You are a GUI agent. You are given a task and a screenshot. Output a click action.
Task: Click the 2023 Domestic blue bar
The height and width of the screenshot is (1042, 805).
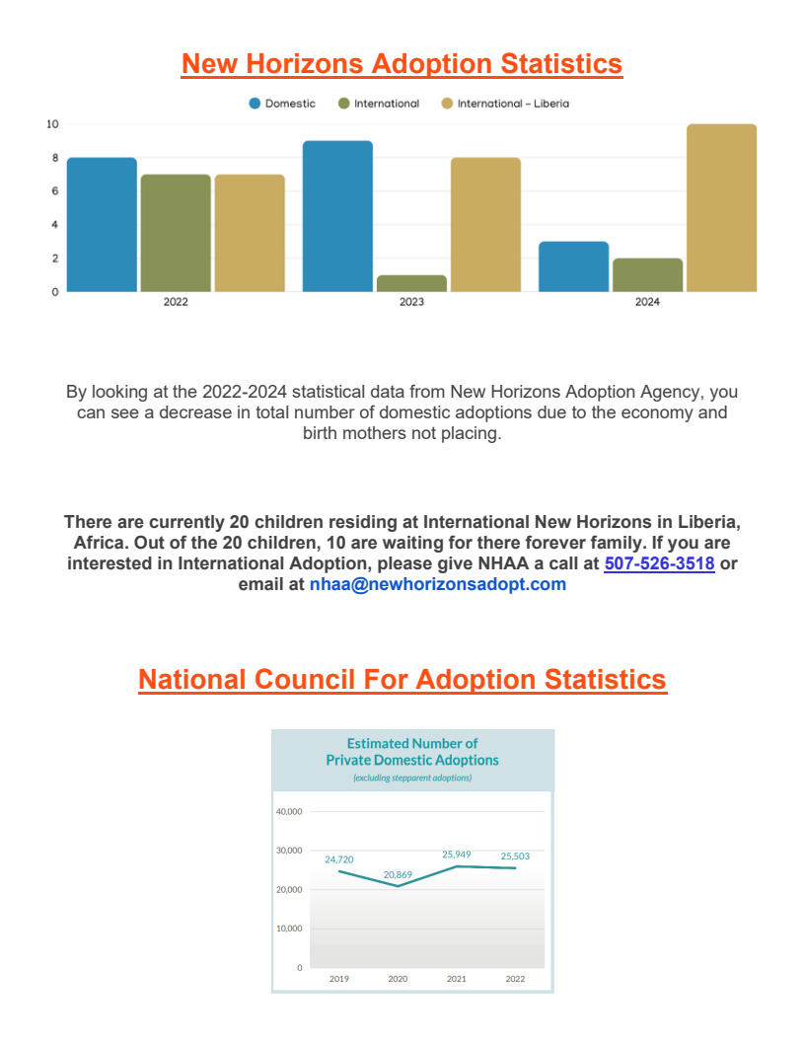tap(337, 216)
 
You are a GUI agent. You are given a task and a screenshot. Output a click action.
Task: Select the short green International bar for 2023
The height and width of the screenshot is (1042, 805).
tap(411, 283)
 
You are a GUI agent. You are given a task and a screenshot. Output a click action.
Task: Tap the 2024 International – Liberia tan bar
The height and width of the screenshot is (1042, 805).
tap(721, 208)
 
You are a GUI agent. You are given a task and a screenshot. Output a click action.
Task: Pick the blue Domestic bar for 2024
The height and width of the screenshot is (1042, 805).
tap(573, 266)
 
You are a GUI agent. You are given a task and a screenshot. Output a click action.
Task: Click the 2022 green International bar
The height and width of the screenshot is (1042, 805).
tap(176, 233)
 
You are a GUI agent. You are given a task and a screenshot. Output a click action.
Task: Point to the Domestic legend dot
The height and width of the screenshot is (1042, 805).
tap(256, 104)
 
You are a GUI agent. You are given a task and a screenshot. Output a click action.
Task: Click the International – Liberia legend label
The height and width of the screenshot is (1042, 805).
tap(513, 104)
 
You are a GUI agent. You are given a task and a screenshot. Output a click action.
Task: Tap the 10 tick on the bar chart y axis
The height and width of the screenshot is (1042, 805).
tap(52, 124)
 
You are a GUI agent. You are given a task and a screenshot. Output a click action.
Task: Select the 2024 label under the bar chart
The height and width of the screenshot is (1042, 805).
tap(647, 302)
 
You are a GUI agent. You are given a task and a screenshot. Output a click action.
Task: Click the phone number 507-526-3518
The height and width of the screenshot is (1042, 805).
tap(660, 563)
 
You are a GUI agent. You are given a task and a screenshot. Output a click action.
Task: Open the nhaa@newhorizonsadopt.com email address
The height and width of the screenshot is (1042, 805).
tap(438, 584)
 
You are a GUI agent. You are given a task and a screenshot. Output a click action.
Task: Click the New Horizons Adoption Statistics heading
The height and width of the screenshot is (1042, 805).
tap(402, 64)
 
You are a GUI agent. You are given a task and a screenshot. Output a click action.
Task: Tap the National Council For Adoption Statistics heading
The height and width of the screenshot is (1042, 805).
tap(402, 680)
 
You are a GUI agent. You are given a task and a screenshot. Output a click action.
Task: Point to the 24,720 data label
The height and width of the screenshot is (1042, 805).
tap(338, 859)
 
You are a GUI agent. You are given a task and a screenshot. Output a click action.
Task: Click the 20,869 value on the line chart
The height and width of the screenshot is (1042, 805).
tap(398, 874)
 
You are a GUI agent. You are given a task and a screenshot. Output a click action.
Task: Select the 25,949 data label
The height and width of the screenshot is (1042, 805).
tap(457, 855)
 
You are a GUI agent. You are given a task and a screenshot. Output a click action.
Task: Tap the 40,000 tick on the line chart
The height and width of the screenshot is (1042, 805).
tap(289, 811)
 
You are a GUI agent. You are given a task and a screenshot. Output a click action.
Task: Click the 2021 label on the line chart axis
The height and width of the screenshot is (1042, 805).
tap(457, 979)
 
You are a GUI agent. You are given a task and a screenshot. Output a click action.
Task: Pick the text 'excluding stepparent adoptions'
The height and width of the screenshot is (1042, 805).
tap(412, 778)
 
